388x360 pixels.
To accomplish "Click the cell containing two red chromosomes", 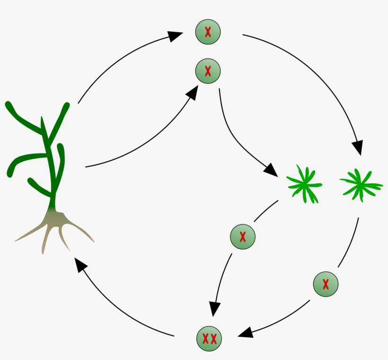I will (209, 339).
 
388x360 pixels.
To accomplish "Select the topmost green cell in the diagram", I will (208, 32).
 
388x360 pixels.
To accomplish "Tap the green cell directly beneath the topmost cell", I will (208, 72).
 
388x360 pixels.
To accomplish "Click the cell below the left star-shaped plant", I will (242, 237).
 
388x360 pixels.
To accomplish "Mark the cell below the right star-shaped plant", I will (326, 284).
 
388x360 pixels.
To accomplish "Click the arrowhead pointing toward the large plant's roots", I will (80, 264).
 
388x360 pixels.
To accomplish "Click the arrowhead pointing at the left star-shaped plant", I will (271, 170).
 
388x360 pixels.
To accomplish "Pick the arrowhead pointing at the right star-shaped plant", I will (358, 148).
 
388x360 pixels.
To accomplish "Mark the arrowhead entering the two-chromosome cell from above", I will (214, 309).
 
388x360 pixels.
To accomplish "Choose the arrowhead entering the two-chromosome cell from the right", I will (245, 333).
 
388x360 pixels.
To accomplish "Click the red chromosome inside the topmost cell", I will (208, 32).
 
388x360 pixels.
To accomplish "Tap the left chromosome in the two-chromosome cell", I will (205, 339).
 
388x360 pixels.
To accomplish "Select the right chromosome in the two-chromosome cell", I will (214, 339).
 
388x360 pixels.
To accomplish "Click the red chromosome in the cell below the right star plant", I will (326, 284).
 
